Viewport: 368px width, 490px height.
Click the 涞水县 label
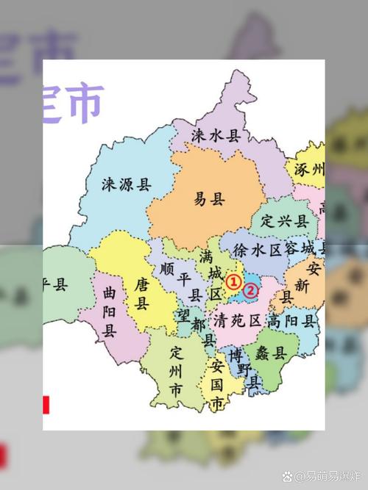(x=216, y=135)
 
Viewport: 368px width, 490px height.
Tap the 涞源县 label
(x=126, y=184)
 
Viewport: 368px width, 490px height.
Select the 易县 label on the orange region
(x=208, y=199)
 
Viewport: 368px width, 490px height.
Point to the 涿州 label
(x=309, y=170)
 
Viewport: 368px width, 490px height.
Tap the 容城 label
(x=302, y=249)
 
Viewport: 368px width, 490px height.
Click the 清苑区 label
(x=237, y=321)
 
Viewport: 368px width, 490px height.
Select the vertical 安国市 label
(x=216, y=385)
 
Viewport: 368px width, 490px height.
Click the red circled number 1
(x=233, y=281)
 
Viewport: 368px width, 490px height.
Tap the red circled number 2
(x=251, y=290)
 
